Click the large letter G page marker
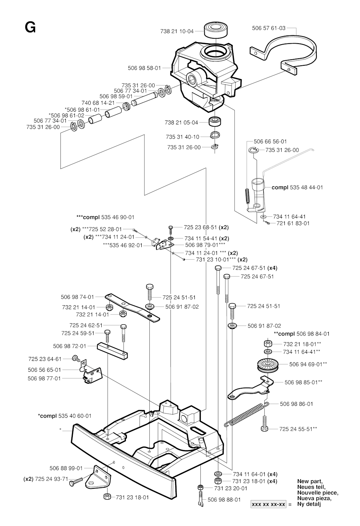(x=30, y=27)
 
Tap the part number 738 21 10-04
(x=177, y=31)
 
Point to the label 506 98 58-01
(x=144, y=68)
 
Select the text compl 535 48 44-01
(x=297, y=187)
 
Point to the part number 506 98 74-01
(x=77, y=297)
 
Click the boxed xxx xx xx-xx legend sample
(x=269, y=504)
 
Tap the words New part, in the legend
(x=310, y=481)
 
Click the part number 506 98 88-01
(x=224, y=499)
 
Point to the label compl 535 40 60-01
(x=65, y=416)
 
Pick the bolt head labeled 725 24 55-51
(x=264, y=428)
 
